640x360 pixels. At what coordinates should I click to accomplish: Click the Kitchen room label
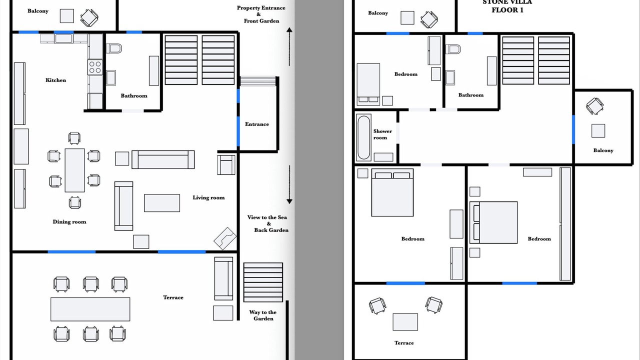tap(55, 80)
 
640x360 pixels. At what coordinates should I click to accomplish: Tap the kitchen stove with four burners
tap(95, 67)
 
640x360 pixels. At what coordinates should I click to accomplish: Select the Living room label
tap(208, 197)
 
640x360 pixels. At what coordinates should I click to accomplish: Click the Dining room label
tap(69, 222)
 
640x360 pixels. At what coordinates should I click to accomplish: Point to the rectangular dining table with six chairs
tap(74, 170)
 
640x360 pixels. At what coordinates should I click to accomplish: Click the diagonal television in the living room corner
tap(225, 238)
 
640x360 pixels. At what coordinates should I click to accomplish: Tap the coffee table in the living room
tap(162, 203)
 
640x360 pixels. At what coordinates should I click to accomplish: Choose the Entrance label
tap(257, 124)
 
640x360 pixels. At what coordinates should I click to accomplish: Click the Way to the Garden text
tap(263, 315)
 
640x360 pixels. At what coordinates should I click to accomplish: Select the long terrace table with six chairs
tap(90, 309)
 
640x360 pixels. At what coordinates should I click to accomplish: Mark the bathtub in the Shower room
tap(363, 137)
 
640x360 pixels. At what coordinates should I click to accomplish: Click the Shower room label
tap(382, 134)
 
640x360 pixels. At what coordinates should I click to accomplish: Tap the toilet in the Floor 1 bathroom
tap(453, 49)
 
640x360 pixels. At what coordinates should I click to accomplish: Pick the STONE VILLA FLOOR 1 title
tap(507, 6)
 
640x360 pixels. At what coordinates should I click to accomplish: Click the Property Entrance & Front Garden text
tap(261, 14)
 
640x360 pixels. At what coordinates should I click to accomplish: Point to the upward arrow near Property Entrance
tap(289, 47)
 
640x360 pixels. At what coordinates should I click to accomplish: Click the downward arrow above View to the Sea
tap(289, 184)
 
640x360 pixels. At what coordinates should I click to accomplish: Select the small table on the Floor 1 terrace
tap(405, 322)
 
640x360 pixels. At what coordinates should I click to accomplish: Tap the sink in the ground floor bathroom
tap(111, 77)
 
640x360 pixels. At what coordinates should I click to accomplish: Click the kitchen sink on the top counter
tap(63, 38)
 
